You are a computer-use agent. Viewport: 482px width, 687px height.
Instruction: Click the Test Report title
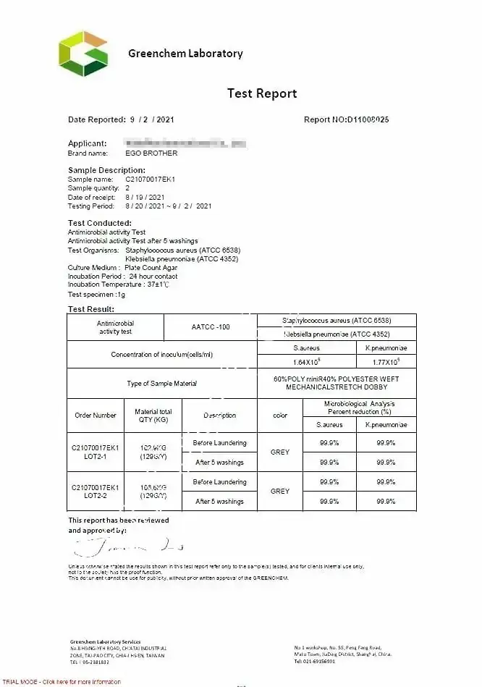click(x=262, y=93)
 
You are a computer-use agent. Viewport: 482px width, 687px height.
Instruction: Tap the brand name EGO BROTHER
click(x=151, y=153)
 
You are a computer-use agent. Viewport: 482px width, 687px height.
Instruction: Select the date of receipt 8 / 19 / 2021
click(x=145, y=197)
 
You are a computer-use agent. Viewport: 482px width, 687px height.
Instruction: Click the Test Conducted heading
click(x=100, y=223)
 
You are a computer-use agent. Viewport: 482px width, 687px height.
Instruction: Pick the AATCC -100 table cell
click(x=211, y=327)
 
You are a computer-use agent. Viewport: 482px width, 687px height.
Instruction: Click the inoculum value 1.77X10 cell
click(x=387, y=361)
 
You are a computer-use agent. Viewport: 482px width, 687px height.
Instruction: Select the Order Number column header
click(x=96, y=416)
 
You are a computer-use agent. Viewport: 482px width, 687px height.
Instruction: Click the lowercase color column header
click(x=280, y=416)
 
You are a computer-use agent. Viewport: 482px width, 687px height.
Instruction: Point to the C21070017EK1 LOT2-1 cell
click(x=96, y=452)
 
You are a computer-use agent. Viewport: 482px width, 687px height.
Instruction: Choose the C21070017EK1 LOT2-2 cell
click(x=96, y=492)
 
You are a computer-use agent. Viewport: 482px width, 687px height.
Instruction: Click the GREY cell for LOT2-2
click(x=280, y=492)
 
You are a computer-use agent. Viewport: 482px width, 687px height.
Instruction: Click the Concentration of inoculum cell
click(x=162, y=355)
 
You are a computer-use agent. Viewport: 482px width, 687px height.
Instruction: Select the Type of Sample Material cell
click(x=162, y=384)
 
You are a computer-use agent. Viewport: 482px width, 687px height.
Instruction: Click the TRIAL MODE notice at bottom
click(x=62, y=682)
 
